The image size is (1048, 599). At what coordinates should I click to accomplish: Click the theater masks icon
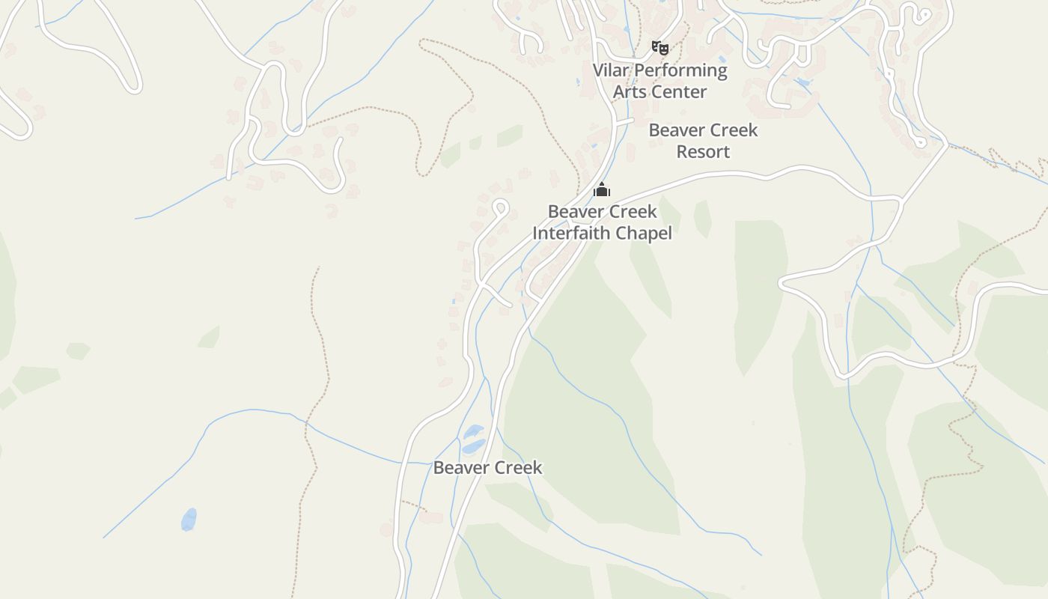(x=659, y=49)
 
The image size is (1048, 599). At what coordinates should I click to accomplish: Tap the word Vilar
(x=611, y=70)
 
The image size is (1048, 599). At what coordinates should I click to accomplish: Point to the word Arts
(x=628, y=92)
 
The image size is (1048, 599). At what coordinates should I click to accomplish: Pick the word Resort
(x=703, y=151)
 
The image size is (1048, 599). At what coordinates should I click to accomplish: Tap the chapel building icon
(x=602, y=189)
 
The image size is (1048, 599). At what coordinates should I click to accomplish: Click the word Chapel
(x=645, y=233)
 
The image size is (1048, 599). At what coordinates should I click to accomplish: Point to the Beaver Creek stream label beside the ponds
(x=487, y=468)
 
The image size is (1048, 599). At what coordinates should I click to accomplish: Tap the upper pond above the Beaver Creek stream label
(x=473, y=432)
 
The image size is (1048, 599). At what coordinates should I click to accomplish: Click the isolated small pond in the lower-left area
(x=189, y=519)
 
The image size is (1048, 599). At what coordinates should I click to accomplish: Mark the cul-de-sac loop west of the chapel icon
(x=501, y=207)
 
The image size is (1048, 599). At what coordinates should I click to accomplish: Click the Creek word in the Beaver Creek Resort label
(x=732, y=130)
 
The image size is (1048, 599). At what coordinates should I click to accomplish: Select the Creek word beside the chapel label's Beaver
(x=631, y=212)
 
